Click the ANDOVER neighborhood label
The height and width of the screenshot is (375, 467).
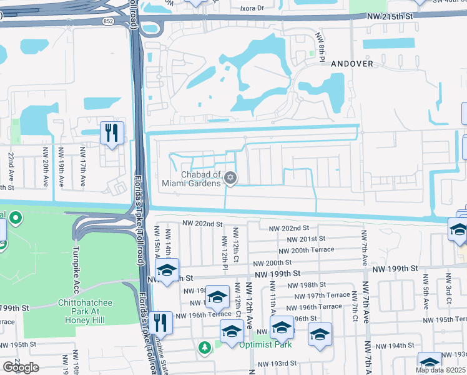352,64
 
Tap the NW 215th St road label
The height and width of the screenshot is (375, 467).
408,14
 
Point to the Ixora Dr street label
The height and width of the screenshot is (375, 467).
255,9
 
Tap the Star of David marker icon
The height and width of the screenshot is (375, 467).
230,179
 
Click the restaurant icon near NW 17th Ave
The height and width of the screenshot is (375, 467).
112,132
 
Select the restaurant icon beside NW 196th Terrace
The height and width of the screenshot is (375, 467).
161,322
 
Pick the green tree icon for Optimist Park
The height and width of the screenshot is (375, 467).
204,347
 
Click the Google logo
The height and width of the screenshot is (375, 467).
21,367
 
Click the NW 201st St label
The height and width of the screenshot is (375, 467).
307,239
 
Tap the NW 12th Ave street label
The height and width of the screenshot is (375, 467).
248,305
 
